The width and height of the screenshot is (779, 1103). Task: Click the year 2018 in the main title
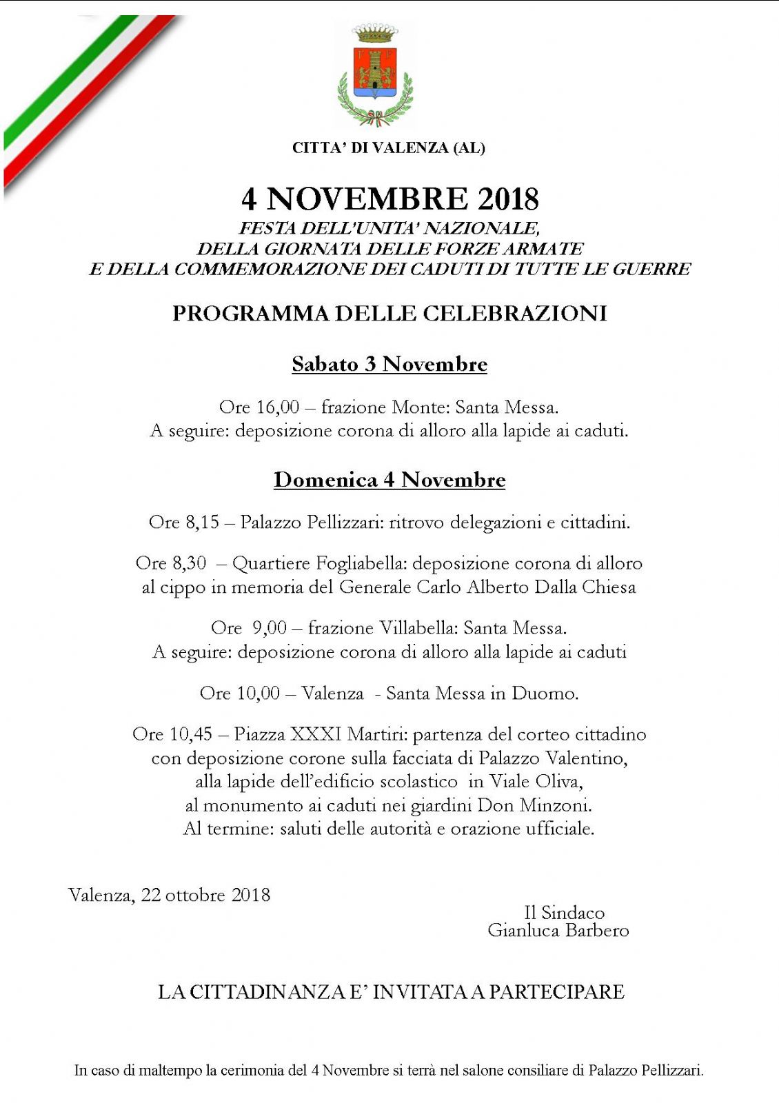click(508, 199)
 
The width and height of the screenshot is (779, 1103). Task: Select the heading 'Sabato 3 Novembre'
click(389, 364)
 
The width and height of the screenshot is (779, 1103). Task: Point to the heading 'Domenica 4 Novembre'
click(389, 480)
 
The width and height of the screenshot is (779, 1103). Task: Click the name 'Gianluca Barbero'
click(558, 931)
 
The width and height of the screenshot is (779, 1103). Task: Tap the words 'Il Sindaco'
click(564, 913)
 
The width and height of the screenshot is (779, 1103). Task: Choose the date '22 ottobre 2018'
click(205, 895)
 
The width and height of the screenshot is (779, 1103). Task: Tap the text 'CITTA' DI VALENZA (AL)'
click(389, 148)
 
